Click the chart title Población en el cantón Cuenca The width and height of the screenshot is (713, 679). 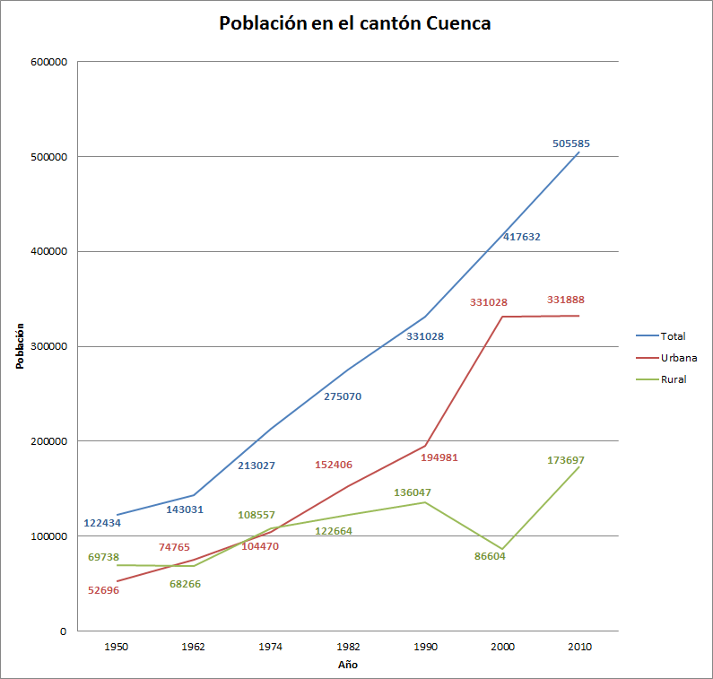(355, 24)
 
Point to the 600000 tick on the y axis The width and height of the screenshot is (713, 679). (48, 62)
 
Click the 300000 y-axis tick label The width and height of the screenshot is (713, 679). (48, 346)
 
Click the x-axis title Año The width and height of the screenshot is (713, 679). (347, 665)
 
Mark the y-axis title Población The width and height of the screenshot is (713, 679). (19, 346)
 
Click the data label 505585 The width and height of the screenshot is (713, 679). (570, 144)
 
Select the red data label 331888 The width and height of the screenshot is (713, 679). (565, 300)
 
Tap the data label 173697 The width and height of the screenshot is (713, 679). (565, 460)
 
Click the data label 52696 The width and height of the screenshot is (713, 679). (103, 590)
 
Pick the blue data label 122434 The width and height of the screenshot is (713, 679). (102, 523)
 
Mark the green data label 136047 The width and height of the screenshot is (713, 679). (413, 492)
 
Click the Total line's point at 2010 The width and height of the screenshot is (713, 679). (578, 152)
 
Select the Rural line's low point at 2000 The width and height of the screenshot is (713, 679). (501, 549)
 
